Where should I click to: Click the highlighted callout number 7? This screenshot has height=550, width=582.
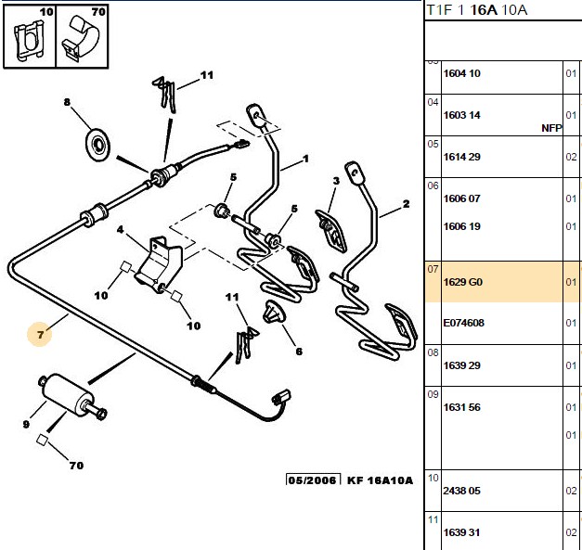click(x=40, y=335)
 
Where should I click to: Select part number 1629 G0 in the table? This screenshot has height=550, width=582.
click(x=463, y=282)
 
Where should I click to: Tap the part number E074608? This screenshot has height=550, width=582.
click(x=463, y=323)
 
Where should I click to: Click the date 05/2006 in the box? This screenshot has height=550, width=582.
click(x=313, y=480)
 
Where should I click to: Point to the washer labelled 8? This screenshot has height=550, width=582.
click(x=98, y=145)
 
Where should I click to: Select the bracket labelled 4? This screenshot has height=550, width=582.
click(x=159, y=265)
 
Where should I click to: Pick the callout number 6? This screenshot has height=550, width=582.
click(x=299, y=351)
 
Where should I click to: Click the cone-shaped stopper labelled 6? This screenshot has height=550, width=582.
click(x=273, y=313)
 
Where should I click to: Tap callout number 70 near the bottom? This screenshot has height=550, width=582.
click(x=76, y=465)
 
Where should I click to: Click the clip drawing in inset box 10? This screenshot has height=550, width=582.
click(x=29, y=40)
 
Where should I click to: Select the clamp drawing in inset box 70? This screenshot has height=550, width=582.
click(x=81, y=38)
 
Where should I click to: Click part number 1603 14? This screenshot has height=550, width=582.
click(x=461, y=115)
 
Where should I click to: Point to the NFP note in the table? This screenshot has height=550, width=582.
click(x=551, y=128)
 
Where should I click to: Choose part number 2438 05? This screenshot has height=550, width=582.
click(x=461, y=491)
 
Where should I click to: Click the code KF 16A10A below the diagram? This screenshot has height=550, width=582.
click(x=380, y=480)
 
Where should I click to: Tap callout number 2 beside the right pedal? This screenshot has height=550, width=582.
click(x=406, y=204)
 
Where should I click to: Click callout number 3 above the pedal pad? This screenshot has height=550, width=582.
click(x=336, y=181)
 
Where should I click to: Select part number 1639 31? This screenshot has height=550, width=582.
click(x=461, y=532)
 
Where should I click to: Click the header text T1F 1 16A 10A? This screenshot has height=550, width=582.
click(x=477, y=10)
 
